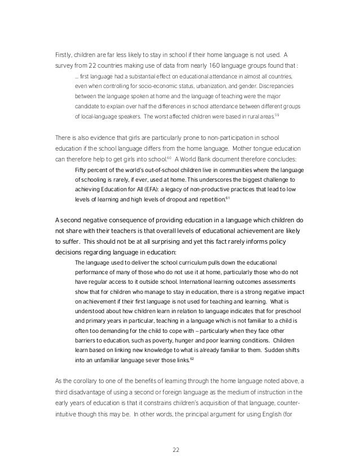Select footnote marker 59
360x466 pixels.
(276, 115)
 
